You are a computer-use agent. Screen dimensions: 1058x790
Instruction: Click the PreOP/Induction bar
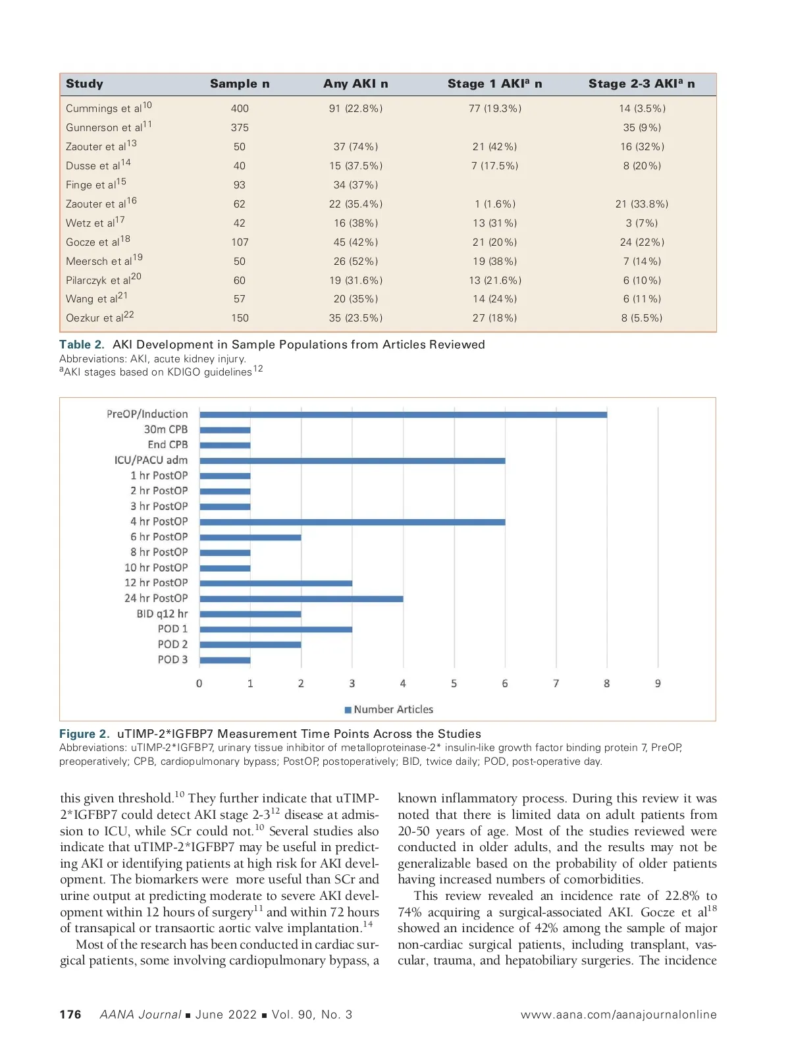(403, 414)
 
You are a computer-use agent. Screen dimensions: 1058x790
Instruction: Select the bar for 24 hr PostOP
(301, 599)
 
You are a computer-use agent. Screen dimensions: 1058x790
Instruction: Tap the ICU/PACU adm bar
(352, 460)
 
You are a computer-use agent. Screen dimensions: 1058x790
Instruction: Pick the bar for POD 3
(224, 660)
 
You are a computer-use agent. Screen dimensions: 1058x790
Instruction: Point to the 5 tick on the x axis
(454, 684)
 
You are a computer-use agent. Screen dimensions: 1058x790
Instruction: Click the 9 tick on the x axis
(658, 684)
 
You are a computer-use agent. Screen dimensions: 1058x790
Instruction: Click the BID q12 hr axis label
(162, 614)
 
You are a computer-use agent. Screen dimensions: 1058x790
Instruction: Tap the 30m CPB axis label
(166, 430)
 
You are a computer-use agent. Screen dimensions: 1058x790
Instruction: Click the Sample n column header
(240, 84)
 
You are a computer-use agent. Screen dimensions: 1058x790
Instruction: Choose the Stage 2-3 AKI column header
(641, 84)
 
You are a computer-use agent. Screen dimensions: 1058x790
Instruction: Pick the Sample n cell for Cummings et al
(240, 109)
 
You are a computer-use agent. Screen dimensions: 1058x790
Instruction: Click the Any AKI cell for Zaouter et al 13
(355, 147)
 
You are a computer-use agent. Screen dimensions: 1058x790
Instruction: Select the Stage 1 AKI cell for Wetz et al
(494, 223)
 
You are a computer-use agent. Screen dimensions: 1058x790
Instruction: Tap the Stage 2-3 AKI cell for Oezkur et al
(642, 318)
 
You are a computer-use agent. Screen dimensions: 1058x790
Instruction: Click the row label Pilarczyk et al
(103, 280)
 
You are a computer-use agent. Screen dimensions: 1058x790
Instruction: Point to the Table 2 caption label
(82, 345)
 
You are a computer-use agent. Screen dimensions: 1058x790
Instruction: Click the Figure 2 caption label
(84, 734)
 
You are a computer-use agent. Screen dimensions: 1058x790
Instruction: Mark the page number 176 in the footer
(70, 1015)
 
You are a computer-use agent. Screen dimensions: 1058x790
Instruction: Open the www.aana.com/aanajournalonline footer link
(618, 1015)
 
